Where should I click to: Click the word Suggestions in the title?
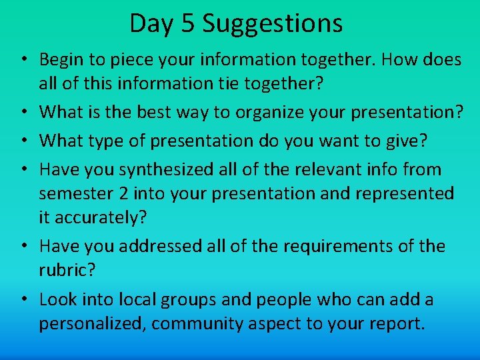click(x=273, y=24)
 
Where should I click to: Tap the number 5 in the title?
click(x=188, y=24)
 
